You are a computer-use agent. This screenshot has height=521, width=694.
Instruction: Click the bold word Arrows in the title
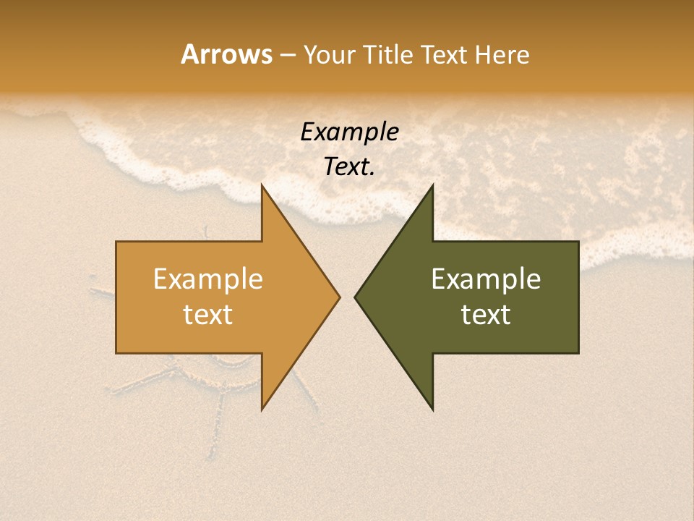point(226,54)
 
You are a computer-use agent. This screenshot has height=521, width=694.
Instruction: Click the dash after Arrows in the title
point(287,55)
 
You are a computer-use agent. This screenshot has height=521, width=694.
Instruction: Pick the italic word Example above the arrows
point(350,132)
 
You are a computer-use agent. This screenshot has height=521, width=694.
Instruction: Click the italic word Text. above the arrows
point(350,167)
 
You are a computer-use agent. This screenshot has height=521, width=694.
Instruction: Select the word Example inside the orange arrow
point(208,279)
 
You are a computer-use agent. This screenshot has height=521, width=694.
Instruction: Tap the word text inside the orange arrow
point(208,315)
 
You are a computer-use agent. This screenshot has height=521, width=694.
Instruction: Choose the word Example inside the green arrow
point(486,279)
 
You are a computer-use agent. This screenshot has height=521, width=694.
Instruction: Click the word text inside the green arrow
point(486,315)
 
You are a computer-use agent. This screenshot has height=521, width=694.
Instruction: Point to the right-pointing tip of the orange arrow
point(340,297)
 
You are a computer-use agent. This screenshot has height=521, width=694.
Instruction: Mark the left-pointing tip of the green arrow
point(355,297)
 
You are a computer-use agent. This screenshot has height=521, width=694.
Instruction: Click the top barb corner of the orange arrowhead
point(262,185)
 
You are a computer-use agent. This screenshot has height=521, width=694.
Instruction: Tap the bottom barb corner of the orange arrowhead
point(262,410)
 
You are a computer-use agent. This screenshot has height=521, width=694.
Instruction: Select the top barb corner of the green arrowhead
point(433,185)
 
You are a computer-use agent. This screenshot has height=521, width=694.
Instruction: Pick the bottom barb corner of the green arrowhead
point(433,410)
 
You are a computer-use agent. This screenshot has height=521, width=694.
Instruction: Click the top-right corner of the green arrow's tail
point(578,242)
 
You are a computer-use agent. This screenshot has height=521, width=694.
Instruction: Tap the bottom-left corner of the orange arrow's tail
point(116,353)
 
